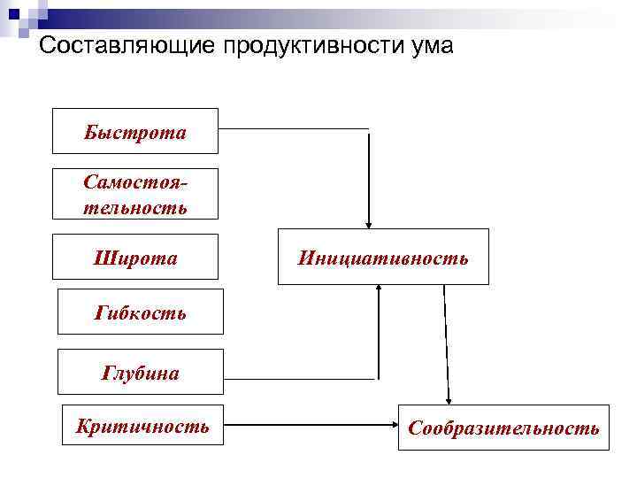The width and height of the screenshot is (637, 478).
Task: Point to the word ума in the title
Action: tap(434, 45)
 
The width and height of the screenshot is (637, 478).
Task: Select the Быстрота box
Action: tap(135, 131)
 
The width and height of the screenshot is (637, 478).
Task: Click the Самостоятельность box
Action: tap(135, 194)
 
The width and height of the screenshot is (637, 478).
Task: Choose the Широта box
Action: tap(135, 258)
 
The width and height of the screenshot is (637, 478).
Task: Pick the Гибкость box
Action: tap(141, 311)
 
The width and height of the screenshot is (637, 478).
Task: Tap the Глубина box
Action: tap(141, 372)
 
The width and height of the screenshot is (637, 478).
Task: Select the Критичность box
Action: tap(142, 427)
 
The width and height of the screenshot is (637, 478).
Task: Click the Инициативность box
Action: tap(383, 257)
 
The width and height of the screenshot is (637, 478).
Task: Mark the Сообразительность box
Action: tap(503, 428)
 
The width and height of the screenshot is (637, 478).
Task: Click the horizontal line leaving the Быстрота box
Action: tap(292, 128)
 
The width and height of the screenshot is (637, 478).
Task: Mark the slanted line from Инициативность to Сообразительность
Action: tap(446, 341)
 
